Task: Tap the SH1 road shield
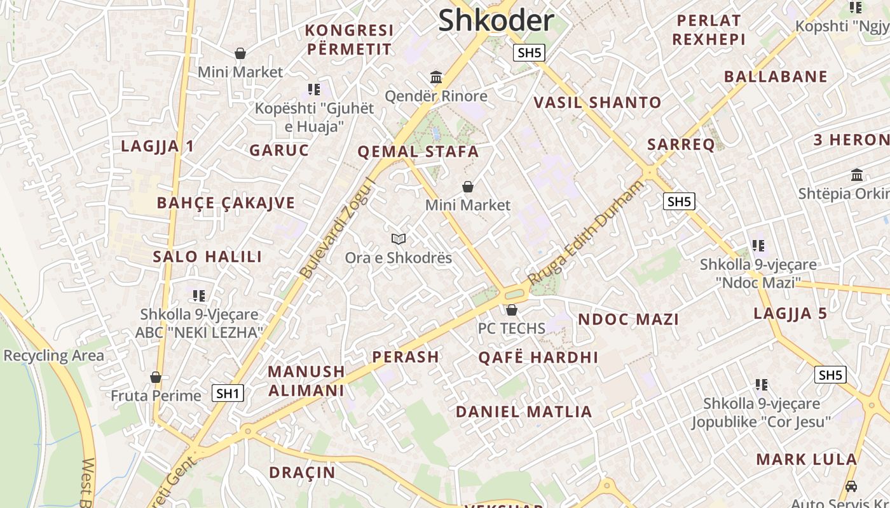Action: point(228,393)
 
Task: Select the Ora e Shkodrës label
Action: point(399,258)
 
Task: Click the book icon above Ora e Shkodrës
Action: point(399,239)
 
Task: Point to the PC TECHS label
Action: point(512,328)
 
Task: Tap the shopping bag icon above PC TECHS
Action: point(512,310)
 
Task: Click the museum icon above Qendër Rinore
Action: point(436,77)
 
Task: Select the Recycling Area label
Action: point(54,356)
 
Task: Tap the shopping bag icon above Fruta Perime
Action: point(156,378)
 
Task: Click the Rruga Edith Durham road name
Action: point(585,232)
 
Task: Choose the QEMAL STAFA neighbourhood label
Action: point(418,152)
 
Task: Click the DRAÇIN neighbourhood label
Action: point(302,472)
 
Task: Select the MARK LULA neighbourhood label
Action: point(806,459)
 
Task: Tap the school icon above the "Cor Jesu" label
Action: point(761,384)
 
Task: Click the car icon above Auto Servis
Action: point(851,486)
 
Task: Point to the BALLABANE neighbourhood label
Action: point(776,77)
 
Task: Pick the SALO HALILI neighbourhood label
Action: point(207,257)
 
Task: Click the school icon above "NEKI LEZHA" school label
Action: point(199,295)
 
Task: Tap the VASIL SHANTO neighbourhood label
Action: point(598,102)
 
